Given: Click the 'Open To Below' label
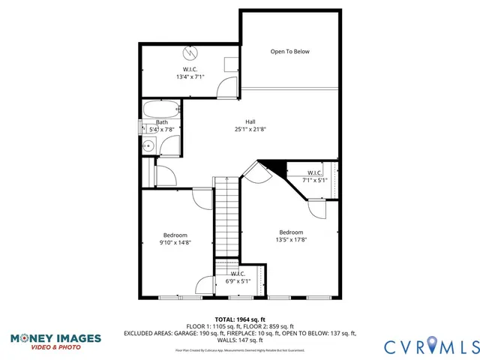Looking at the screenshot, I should pos(289,52).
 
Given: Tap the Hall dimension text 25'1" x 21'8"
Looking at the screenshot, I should pos(250,129).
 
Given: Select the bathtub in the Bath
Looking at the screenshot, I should pos(161,108).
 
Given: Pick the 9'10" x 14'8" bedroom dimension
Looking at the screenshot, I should pos(175,242).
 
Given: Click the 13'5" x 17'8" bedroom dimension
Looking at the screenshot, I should pos(291,239).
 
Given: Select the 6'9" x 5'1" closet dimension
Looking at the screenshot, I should pos(238,281).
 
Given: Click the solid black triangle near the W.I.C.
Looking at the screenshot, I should pos(275,169).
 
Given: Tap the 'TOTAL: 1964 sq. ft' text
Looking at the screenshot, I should pos(240,319).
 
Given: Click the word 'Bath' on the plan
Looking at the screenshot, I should pos(162,122).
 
